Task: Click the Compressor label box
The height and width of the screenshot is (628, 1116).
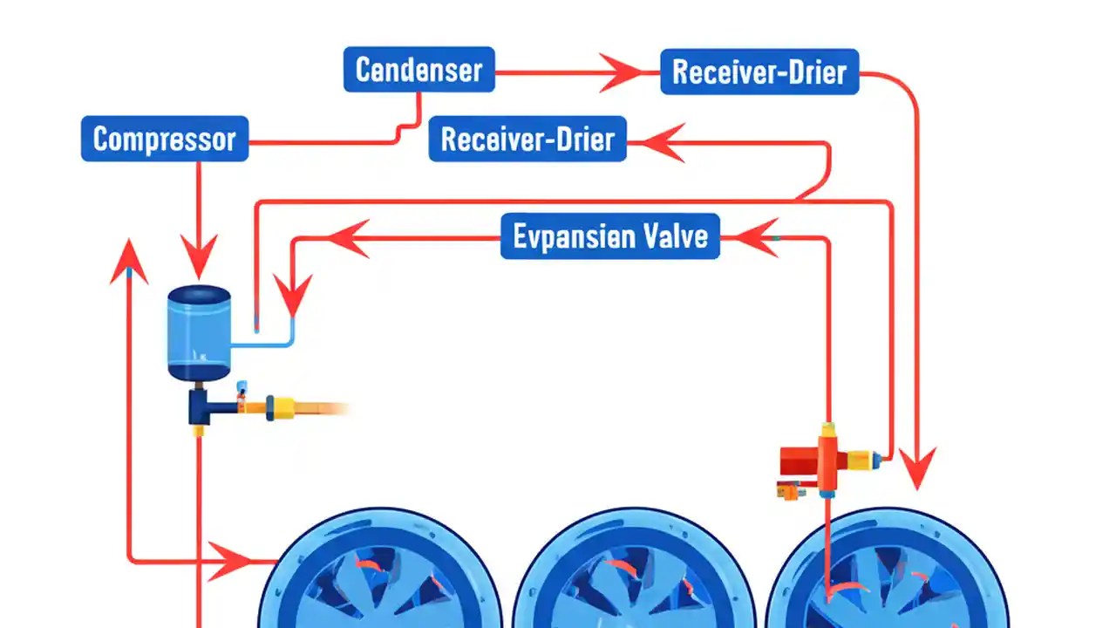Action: pos(165,139)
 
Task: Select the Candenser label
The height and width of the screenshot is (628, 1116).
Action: pos(419,70)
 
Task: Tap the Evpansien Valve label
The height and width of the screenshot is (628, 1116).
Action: pos(610,236)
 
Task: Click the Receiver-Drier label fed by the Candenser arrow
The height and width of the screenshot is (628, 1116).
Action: pos(759,72)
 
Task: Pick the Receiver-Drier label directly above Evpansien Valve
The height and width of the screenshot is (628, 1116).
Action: pos(527,139)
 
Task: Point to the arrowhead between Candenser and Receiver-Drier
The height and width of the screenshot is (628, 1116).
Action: pos(621,72)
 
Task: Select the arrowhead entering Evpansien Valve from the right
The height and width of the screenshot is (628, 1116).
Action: pos(755,236)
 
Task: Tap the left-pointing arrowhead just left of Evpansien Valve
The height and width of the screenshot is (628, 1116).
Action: pos(349,237)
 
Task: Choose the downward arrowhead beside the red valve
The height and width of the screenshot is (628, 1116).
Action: pos(916,466)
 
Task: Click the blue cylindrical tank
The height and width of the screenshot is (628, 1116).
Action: pos(199,332)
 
